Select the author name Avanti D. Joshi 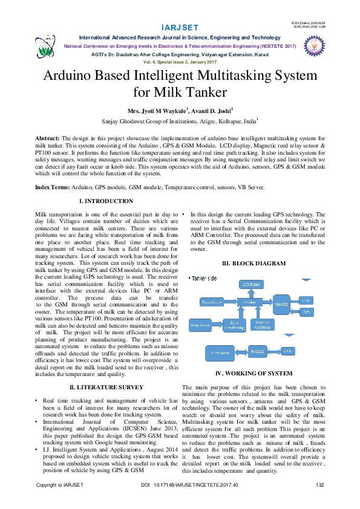click(212, 111)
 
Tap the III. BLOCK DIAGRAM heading click(254, 263)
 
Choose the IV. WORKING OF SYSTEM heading click(254, 374)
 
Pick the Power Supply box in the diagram click(211, 301)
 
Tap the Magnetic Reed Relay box click(260, 325)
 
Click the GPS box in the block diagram click(307, 312)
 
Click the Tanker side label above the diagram click(205, 278)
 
